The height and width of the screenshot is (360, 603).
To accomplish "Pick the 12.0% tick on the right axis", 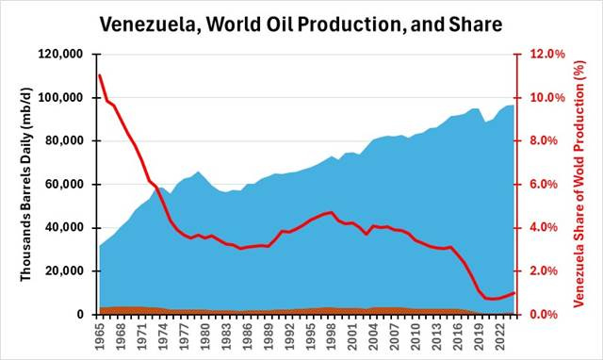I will click(546, 55).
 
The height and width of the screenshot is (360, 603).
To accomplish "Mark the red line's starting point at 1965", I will click(100, 74).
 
